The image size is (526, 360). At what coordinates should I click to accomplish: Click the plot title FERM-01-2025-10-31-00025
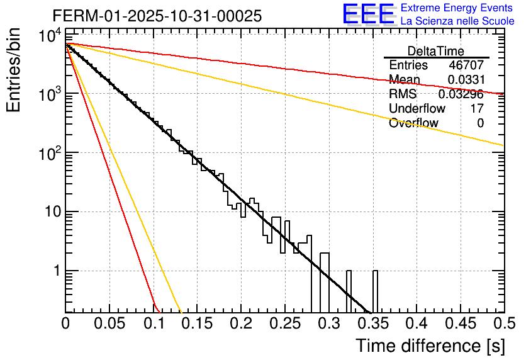coord(157,16)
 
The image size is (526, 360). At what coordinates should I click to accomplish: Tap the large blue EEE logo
coord(368,14)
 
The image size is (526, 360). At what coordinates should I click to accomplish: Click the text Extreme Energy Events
coord(457,8)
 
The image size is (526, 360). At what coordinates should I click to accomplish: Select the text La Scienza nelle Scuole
coord(457,21)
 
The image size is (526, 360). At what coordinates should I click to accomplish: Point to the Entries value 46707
coord(466,65)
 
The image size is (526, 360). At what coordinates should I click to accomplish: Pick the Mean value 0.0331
coord(466,80)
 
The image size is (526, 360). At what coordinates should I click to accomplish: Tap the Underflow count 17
coord(477,109)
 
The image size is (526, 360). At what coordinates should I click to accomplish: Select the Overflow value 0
coord(480,123)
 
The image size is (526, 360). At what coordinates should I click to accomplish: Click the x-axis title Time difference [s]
coord(429,346)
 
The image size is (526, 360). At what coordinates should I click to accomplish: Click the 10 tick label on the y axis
coord(48,211)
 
